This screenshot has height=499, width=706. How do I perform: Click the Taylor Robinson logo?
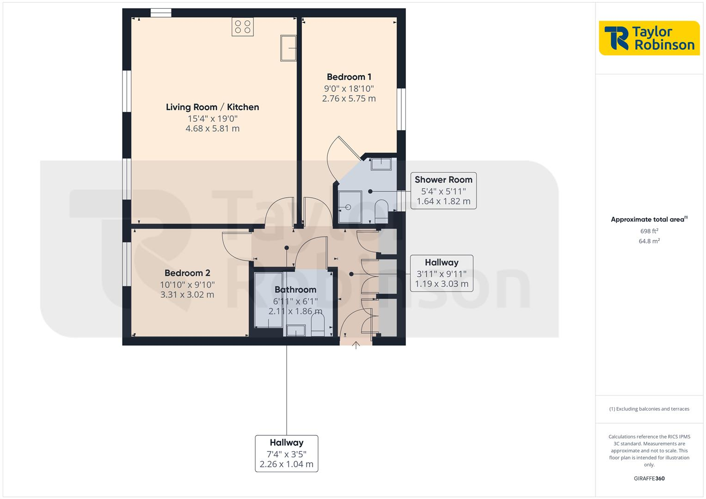pos(649,38)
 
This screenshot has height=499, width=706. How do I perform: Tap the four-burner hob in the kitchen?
pos(243,27)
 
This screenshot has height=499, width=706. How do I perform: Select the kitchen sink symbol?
pos(288,48)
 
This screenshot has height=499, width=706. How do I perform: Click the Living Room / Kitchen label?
pos(212,107)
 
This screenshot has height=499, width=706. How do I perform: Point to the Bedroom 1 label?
pos(349,77)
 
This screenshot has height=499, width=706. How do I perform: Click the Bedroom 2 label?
pos(187,273)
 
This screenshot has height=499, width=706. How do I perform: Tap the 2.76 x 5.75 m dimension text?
pos(349,98)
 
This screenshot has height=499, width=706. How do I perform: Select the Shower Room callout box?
pos(443,190)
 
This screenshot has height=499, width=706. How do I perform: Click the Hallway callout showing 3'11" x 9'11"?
pos(441,273)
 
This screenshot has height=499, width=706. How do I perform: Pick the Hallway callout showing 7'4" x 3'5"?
pos(286,453)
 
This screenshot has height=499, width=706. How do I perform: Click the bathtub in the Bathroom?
pos(269,299)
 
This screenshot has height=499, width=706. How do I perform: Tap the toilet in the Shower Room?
pos(381,211)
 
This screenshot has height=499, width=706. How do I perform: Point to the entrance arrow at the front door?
pos(356,345)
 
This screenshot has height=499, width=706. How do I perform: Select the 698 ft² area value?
pos(649,231)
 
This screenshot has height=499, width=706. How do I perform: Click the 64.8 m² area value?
pos(649,241)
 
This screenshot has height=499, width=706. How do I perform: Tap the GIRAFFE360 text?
pos(649,479)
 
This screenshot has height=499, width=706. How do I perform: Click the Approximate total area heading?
pos(649,219)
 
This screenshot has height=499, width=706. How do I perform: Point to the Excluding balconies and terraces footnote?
pos(649,409)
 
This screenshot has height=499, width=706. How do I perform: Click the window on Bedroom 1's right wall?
pos(402,109)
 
